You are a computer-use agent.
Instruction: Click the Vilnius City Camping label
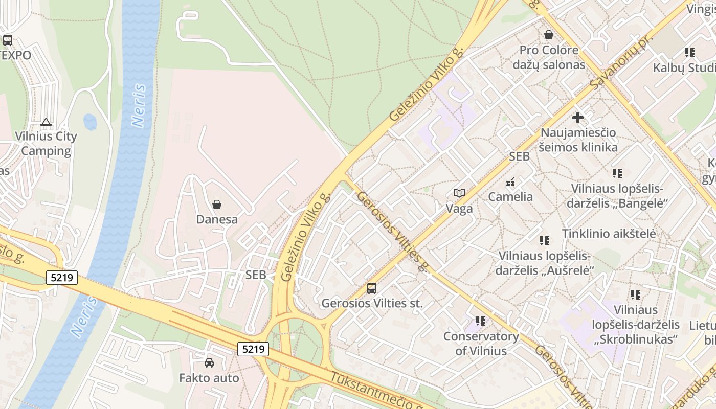46,144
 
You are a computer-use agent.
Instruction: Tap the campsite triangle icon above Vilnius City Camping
46,122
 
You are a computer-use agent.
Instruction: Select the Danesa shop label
217,219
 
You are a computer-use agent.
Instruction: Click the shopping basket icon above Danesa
217,204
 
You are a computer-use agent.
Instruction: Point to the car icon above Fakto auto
209,363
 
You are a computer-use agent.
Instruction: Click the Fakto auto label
209,378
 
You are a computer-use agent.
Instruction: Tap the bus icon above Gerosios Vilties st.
372,288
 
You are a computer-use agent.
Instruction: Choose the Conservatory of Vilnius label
481,344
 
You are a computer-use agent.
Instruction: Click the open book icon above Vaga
459,193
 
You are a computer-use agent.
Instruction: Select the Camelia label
510,197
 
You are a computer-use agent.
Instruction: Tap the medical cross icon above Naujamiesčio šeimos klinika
578,118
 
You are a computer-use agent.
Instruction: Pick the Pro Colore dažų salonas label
549,57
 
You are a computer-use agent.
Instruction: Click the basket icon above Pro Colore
549,35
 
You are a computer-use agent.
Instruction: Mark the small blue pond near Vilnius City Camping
90,122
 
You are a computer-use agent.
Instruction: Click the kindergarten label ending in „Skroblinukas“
636,324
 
